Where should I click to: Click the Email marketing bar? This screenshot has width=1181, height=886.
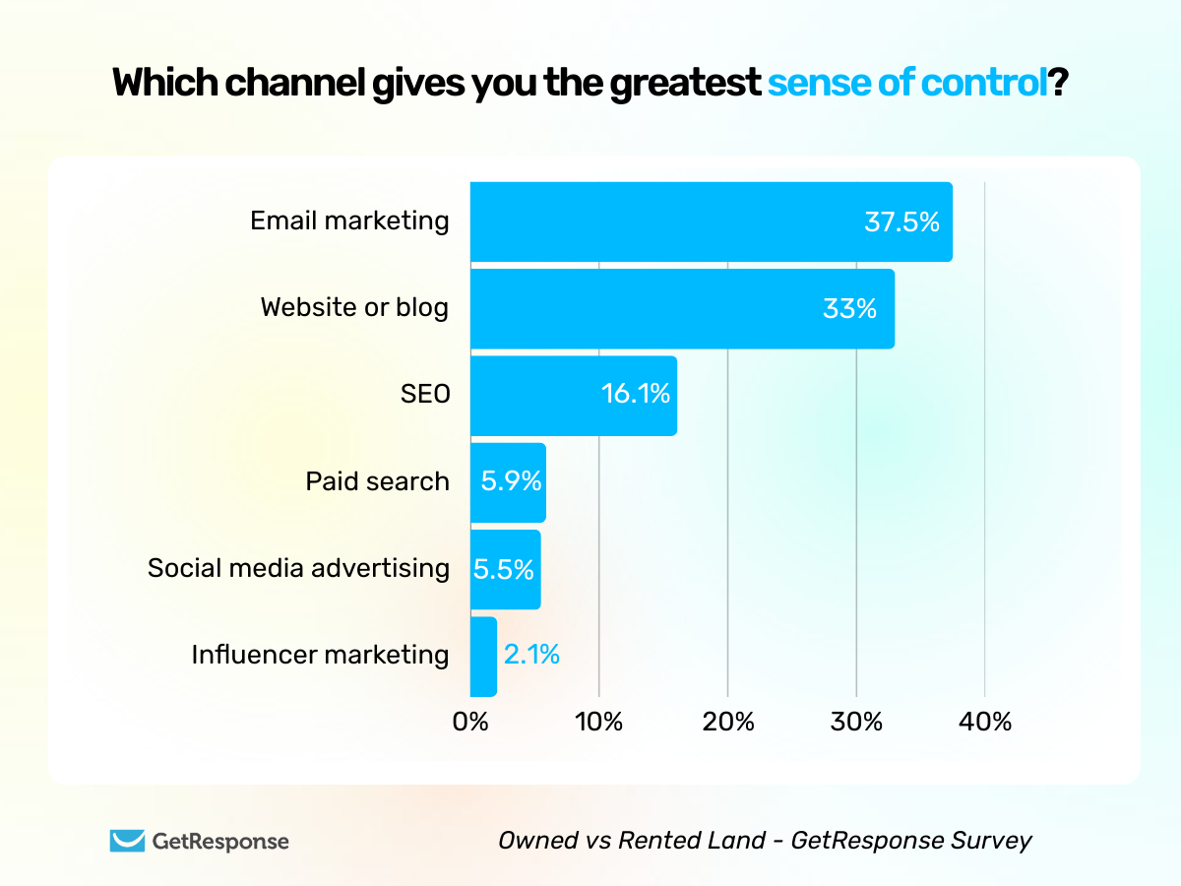pyautogui.click(x=711, y=222)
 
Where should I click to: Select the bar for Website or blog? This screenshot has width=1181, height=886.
pyautogui.click(x=682, y=309)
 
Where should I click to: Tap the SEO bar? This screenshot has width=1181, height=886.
pyautogui.click(x=573, y=396)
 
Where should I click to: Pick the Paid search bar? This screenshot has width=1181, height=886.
pyautogui.click(x=508, y=482)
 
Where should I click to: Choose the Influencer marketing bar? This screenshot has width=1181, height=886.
pyautogui.click(x=483, y=657)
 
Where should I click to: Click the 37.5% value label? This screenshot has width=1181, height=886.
pyautogui.click(x=901, y=222)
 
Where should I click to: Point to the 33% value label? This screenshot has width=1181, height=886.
pyautogui.click(x=849, y=309)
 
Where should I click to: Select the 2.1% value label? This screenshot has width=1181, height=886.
pyautogui.click(x=531, y=654)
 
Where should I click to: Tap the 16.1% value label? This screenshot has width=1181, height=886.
pyautogui.click(x=636, y=395)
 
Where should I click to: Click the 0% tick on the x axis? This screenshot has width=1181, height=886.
pyautogui.click(x=470, y=722)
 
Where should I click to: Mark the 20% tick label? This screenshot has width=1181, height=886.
pyautogui.click(x=727, y=722)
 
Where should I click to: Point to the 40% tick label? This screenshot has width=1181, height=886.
pyautogui.click(x=984, y=722)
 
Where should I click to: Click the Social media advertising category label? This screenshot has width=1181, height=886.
pyautogui.click(x=298, y=568)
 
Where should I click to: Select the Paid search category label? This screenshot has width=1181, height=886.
pyautogui.click(x=377, y=481)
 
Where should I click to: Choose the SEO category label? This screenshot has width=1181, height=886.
pyautogui.click(x=424, y=395)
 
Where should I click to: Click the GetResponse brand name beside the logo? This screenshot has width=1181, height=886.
pyautogui.click(x=220, y=842)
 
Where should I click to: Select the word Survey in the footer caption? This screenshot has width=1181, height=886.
pyautogui.click(x=995, y=841)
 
